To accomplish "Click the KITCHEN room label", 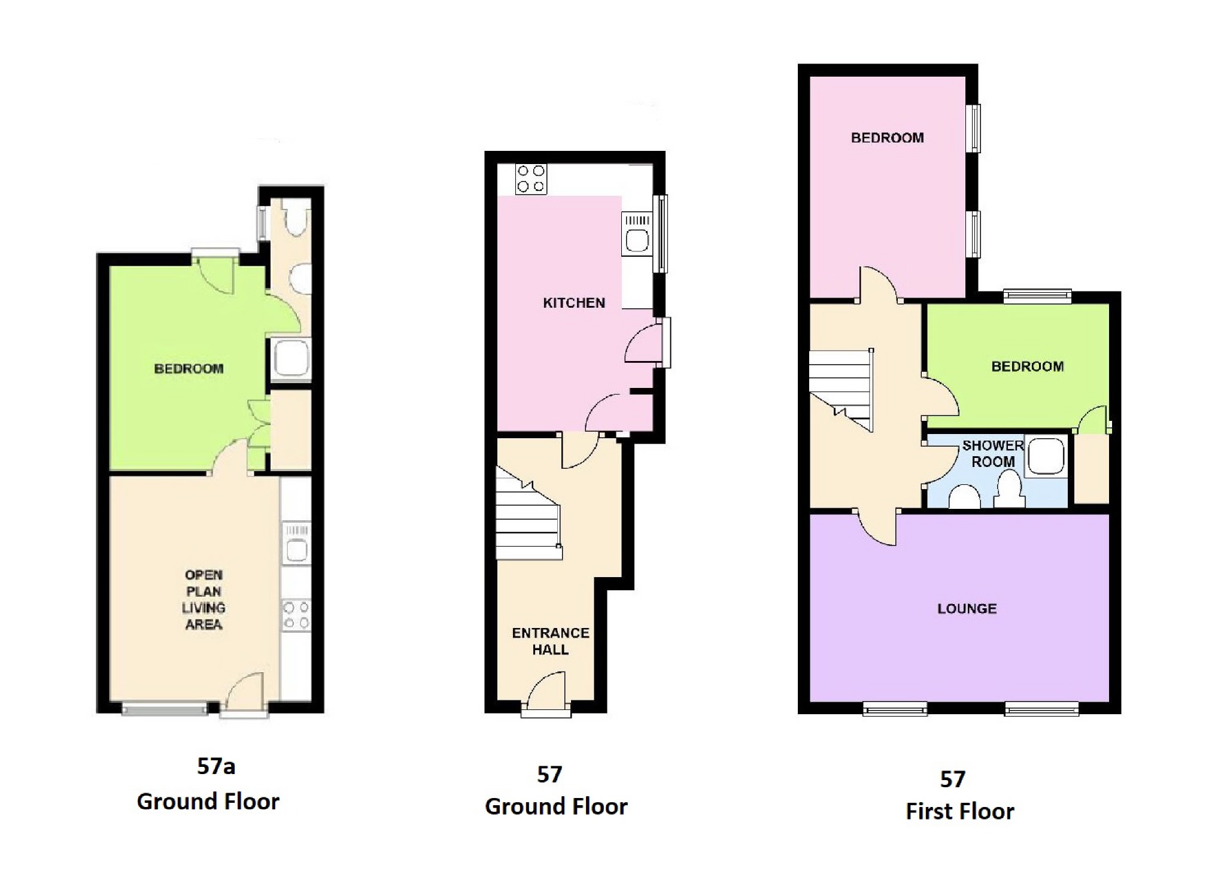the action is [574, 303].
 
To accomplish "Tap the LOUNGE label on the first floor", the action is [967, 609].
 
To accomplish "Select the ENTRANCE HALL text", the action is [551, 641].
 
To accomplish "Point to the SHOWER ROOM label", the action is [993, 453].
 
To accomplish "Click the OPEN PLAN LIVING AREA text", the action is [204, 599].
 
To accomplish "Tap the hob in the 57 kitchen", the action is [531, 178].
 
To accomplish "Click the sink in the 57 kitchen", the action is [637, 234].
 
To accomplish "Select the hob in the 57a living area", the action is [296, 615].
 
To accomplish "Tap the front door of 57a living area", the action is [244, 694].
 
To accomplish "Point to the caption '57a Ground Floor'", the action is [208, 784].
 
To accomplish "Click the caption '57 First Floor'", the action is [959, 795].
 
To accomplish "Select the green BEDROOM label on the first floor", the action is [1028, 366].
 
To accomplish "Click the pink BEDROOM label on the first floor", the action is [887, 138].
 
